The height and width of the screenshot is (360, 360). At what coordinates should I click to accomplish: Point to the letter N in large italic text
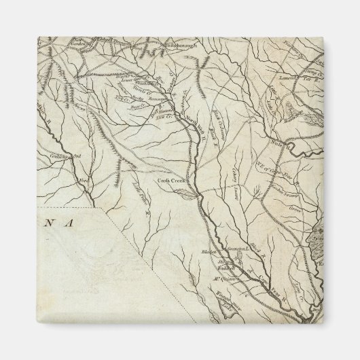click(x=56, y=222)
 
